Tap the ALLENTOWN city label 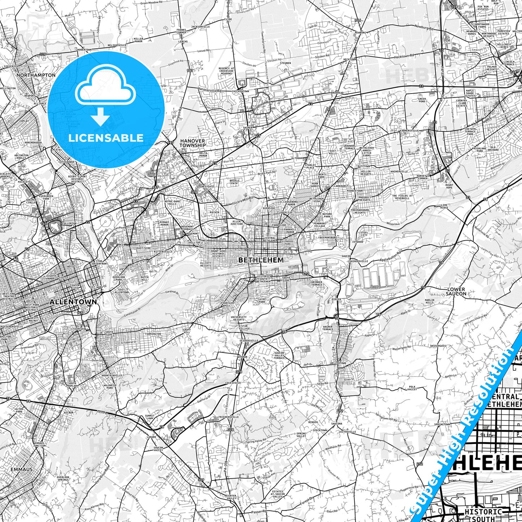click(x=73, y=302)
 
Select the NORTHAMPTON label click(x=36, y=75)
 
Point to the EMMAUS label click(x=22, y=469)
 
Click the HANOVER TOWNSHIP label click(x=193, y=143)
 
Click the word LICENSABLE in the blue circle click(x=106, y=138)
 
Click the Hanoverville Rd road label click(x=209, y=89)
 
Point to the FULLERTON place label click(x=69, y=224)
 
